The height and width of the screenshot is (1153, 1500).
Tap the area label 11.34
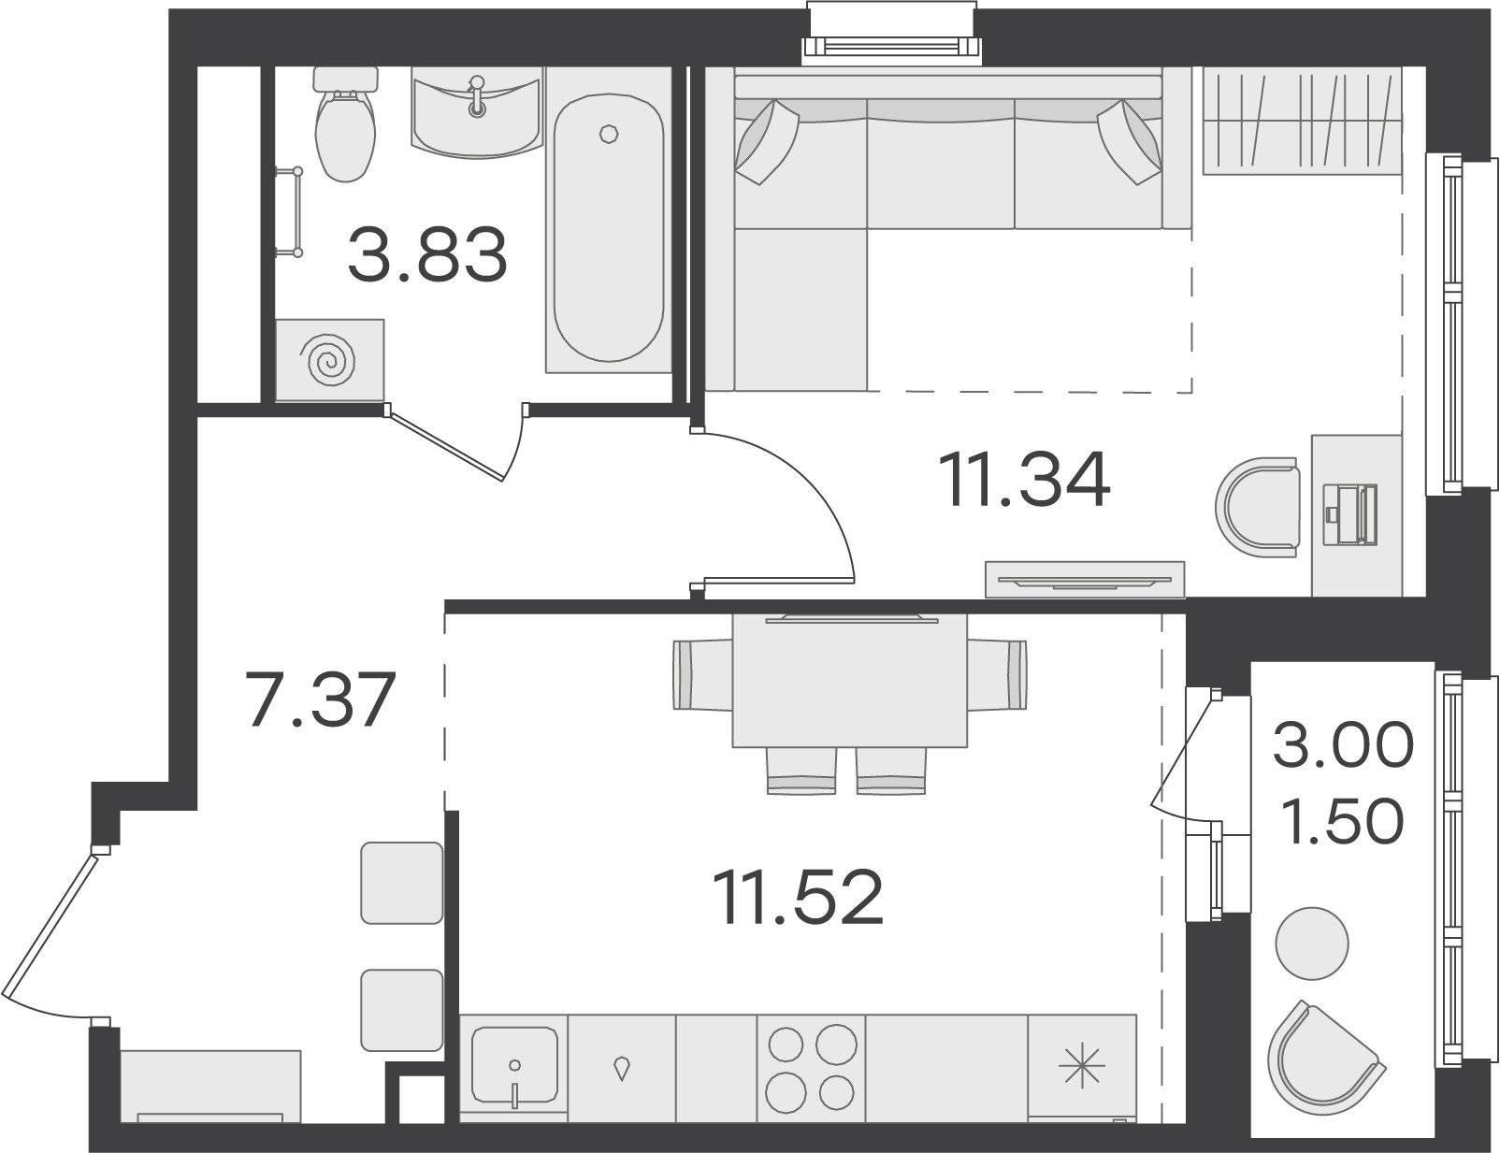(x=1030, y=480)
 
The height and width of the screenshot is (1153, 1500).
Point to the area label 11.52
(x=801, y=897)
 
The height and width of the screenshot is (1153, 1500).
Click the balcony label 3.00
(x=1343, y=744)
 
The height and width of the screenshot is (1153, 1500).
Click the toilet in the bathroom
(x=346, y=124)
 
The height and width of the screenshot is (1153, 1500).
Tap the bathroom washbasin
(x=476, y=112)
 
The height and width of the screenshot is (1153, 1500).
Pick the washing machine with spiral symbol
(x=330, y=359)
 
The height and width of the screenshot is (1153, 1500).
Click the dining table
(x=850, y=681)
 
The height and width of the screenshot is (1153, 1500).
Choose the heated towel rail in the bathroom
(x=289, y=212)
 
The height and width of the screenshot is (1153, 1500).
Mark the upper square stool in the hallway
(x=402, y=883)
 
